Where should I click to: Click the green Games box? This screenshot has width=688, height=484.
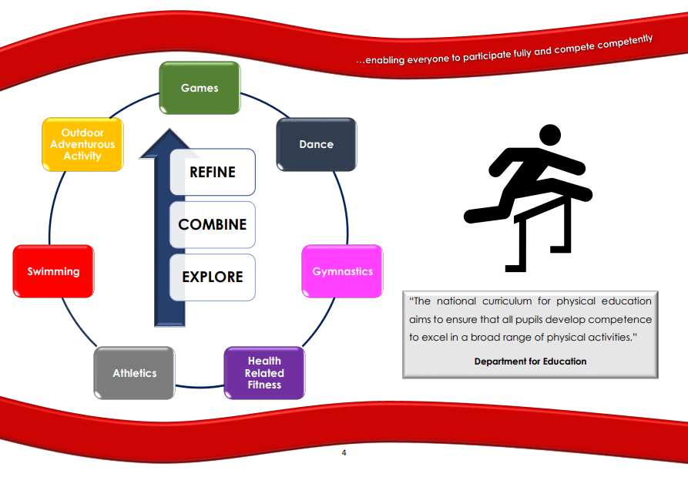[200, 88]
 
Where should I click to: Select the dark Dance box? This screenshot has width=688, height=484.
[317, 144]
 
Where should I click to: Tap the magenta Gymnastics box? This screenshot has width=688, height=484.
[342, 271]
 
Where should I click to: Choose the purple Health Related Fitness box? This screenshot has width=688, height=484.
[264, 373]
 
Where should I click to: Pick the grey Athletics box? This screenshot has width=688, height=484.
[134, 373]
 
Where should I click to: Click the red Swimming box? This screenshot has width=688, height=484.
[53, 271]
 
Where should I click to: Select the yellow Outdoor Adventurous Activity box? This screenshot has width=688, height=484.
[82, 144]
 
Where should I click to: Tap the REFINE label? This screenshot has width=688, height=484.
[213, 172]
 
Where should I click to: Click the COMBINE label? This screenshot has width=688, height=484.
[213, 224]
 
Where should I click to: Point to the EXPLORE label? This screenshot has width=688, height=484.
[213, 277]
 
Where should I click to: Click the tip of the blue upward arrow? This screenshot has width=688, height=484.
[169, 129]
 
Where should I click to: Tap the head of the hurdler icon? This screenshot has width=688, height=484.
[550, 135]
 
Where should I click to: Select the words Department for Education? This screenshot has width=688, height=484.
[530, 361]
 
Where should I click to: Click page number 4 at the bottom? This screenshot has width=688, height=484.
[344, 452]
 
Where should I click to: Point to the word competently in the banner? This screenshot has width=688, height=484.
[625, 42]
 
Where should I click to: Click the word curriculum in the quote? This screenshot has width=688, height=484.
[507, 301]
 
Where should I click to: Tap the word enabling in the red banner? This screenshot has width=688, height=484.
[386, 59]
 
